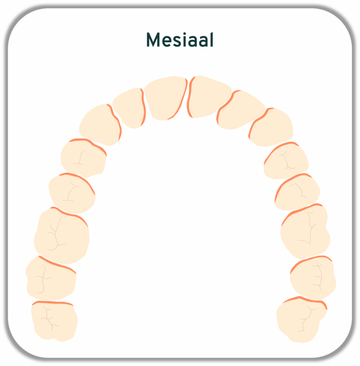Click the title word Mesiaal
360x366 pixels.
pyautogui.click(x=180, y=40)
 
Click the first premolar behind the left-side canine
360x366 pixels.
pyautogui.click(x=83, y=157)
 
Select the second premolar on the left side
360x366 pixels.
pyautogui.click(x=71, y=193)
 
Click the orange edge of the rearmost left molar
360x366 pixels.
pyautogui.click(x=52, y=303)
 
